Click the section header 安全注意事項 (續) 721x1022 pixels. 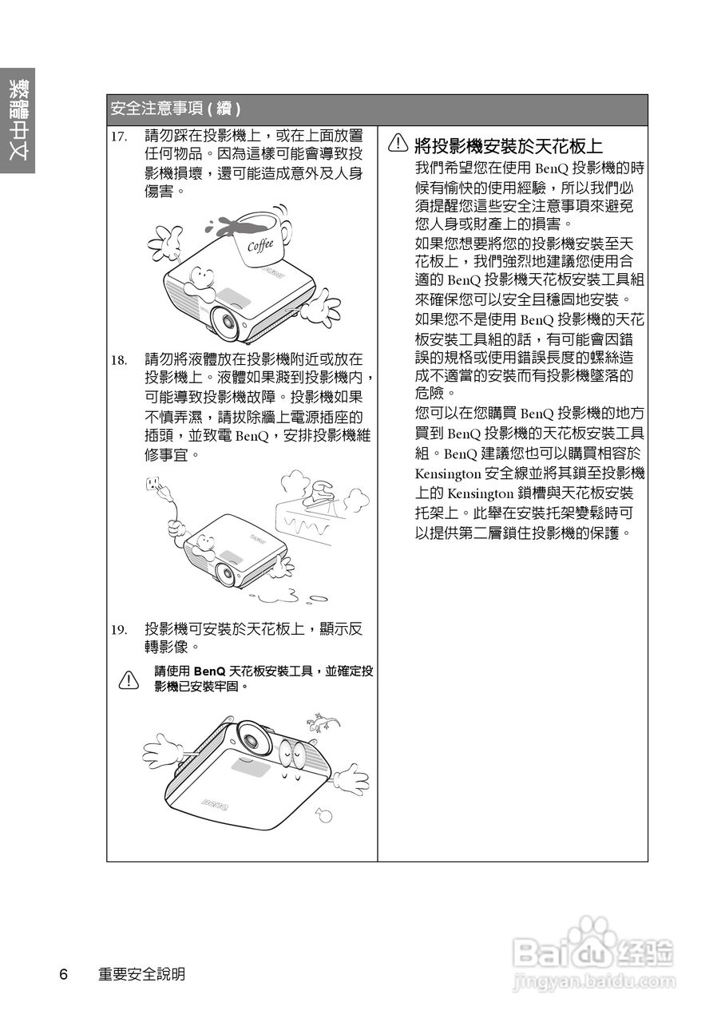click(x=176, y=109)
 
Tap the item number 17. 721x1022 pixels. click(x=119, y=137)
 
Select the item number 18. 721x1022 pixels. click(x=119, y=360)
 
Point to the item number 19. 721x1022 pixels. click(x=119, y=630)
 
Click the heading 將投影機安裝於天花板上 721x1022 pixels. click(x=509, y=145)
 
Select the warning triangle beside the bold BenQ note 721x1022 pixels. click(x=128, y=679)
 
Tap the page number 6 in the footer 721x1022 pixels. click(x=64, y=974)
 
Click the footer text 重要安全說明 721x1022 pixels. click(x=141, y=974)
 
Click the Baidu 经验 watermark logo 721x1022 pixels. click(x=595, y=950)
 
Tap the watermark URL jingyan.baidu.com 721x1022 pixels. click(x=595, y=980)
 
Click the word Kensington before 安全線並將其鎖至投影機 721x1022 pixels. click(x=450, y=473)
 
